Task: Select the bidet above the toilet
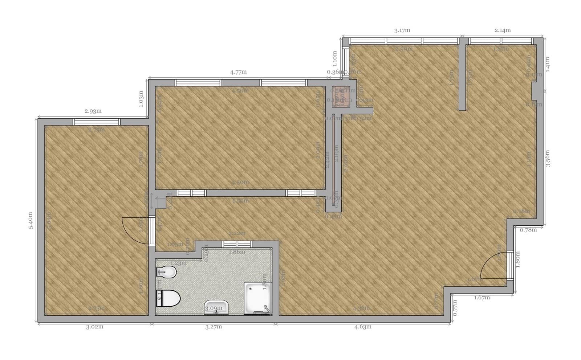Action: point(166,272)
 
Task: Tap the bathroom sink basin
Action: point(216,307)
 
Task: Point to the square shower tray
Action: point(257,298)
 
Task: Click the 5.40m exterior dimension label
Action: point(31,220)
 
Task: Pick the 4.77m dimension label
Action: point(238,72)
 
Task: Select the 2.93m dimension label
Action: point(93,111)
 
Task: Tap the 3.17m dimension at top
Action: point(402,30)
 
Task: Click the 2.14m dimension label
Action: point(503,30)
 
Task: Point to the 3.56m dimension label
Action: point(548,158)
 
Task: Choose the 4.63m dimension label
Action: point(363,327)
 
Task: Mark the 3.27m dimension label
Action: point(213,327)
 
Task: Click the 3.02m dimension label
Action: point(94,327)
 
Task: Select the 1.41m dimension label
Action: point(548,64)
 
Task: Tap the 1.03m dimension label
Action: point(141,98)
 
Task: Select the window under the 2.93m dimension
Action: point(96,122)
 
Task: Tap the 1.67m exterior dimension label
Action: point(482,298)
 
